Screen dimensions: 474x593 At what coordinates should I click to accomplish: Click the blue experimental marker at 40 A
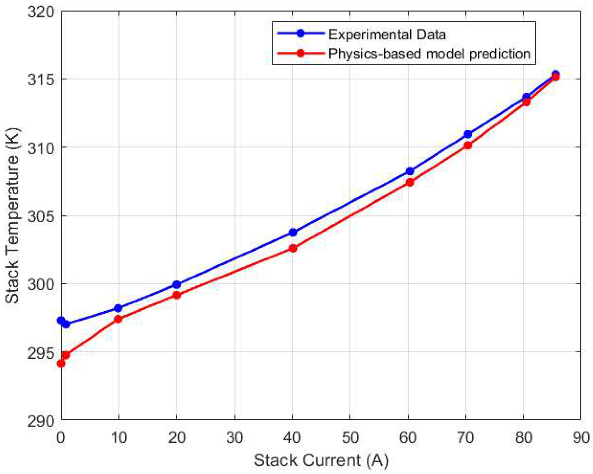(293, 232)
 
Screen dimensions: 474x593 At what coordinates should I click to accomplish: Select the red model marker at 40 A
(293, 248)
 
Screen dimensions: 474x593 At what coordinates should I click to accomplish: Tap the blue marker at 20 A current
(177, 285)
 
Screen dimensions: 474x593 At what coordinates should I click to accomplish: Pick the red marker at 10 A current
(118, 319)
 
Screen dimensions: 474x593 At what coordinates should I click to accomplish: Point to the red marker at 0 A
(61, 364)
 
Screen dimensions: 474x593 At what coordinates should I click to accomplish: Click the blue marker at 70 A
(468, 134)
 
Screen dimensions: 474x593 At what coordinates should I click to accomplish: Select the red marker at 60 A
(410, 182)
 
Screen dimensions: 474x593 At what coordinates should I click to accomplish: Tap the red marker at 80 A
(526, 102)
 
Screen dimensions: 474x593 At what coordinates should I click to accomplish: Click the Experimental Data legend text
(387, 34)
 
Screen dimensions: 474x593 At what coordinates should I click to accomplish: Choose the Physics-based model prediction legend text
(429, 54)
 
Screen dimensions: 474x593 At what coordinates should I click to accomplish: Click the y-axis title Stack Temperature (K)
(12, 216)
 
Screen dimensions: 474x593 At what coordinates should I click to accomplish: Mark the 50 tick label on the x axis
(350, 437)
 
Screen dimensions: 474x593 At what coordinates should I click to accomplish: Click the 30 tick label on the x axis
(235, 437)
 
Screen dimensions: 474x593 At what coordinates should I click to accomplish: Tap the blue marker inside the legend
(300, 33)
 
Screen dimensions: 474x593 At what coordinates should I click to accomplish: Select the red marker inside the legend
(300, 53)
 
